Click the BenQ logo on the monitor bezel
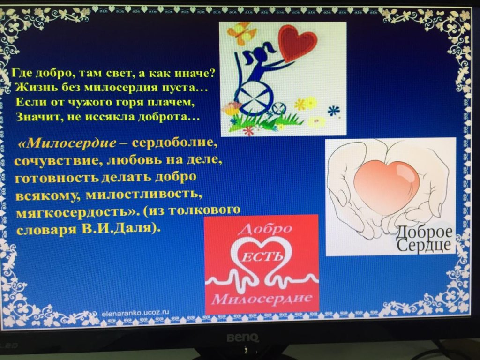(243, 337)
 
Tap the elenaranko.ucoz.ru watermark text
(135, 313)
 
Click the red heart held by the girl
(297, 42)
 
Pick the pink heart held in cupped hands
(386, 186)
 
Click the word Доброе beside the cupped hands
(424, 233)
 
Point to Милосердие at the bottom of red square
(262, 298)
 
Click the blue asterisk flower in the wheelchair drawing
(334, 110)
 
